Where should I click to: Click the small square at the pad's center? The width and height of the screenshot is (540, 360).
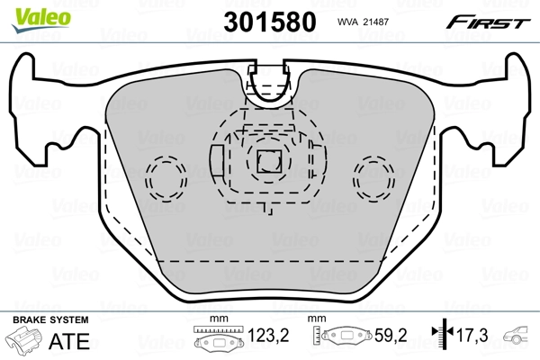tap(266, 162)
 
